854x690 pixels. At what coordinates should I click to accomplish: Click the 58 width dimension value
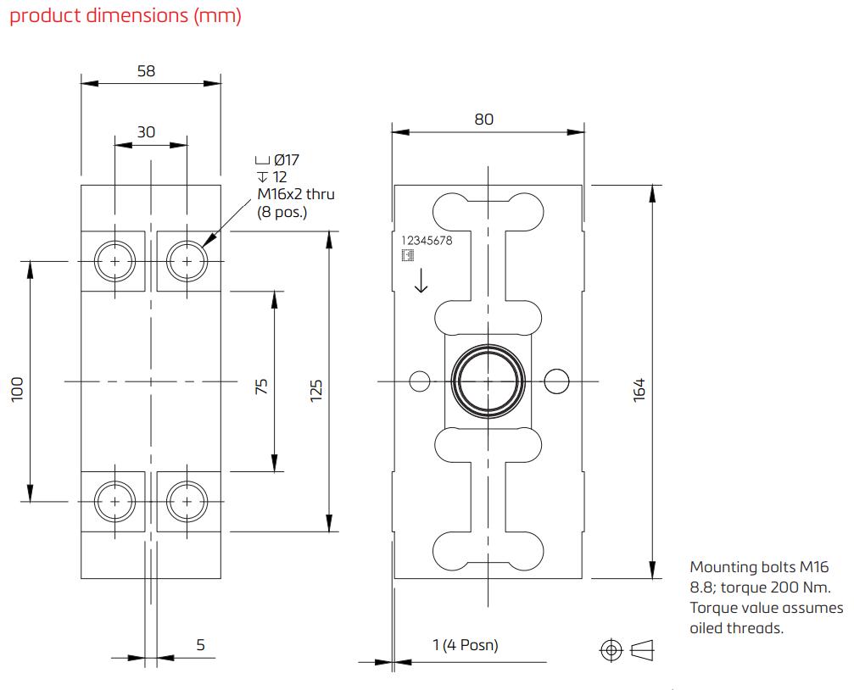tap(146, 71)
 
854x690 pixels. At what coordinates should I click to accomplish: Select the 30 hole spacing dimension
tap(146, 131)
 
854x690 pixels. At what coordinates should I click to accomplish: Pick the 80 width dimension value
tap(483, 120)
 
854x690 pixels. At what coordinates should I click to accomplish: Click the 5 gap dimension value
tap(201, 645)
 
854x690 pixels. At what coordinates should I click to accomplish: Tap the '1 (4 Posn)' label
tap(465, 645)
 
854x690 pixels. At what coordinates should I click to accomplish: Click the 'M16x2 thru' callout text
tap(296, 194)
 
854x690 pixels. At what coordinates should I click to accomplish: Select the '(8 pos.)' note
tap(282, 212)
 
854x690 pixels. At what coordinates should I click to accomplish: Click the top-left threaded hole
tap(114, 262)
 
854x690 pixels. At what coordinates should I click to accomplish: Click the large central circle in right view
tap(488, 381)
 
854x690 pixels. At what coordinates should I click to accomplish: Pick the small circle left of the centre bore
tap(420, 381)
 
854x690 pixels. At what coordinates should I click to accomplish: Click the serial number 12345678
tap(427, 240)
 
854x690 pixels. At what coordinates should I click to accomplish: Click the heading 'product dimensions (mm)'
tap(125, 17)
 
